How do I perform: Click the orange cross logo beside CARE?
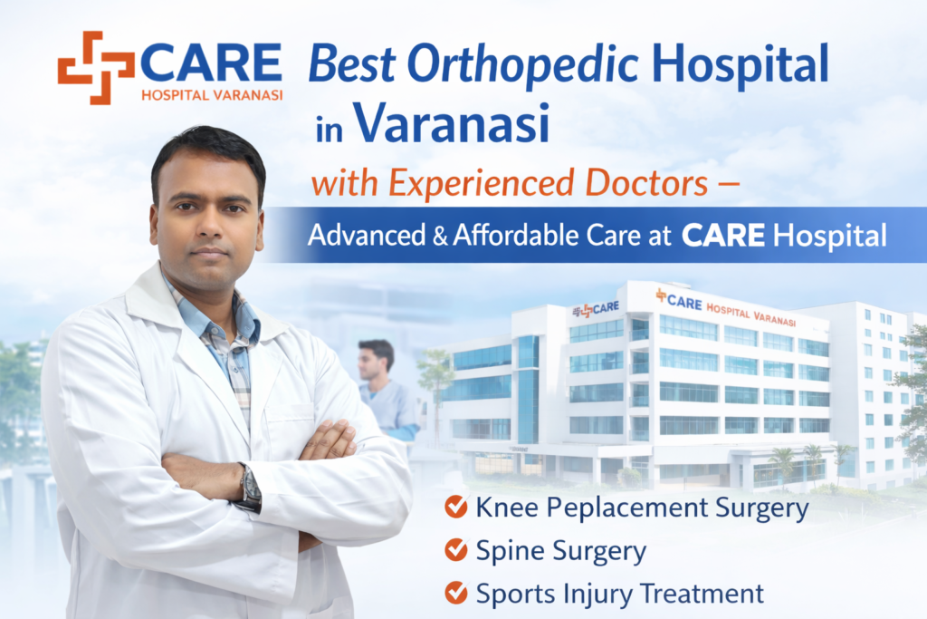96,67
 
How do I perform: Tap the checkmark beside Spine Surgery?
456,550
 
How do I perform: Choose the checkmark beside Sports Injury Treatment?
456,594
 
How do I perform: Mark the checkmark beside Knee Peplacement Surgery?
456,508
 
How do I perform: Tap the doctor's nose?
210,226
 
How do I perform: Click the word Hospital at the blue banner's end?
836,237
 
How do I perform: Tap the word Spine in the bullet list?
504,552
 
